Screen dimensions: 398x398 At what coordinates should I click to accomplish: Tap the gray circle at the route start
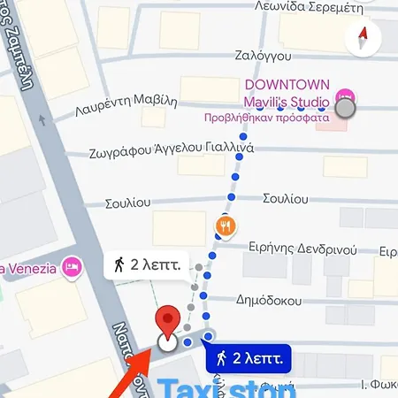tap(346, 108)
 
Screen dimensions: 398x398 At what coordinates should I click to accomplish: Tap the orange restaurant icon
tap(226, 226)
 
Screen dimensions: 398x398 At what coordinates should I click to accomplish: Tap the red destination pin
tap(165, 324)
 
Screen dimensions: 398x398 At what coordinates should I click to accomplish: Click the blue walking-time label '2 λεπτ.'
tap(250, 357)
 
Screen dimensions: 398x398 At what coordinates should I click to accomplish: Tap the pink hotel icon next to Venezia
tap(72, 265)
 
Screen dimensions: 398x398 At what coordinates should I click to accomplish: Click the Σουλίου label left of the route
tap(127, 203)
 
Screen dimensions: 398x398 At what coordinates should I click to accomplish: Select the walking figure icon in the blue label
tap(222, 357)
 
